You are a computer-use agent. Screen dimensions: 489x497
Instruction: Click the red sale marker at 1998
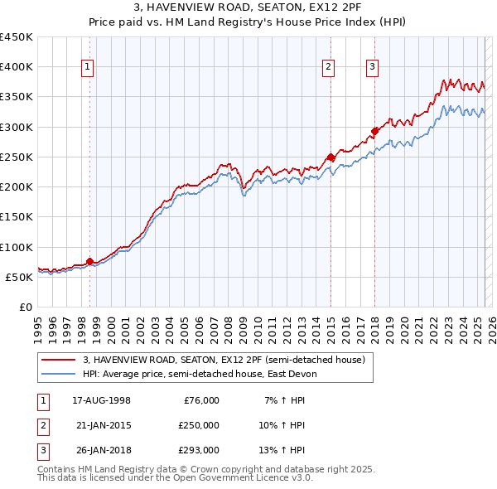coord(89,262)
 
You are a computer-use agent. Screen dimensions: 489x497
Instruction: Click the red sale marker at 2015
coord(331,157)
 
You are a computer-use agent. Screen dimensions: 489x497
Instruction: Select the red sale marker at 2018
coord(374,130)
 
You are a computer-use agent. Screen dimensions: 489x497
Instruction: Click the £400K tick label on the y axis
coord(17,67)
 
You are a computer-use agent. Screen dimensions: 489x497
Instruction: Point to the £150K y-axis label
coord(17,217)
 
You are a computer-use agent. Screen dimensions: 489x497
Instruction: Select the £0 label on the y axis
coord(26,307)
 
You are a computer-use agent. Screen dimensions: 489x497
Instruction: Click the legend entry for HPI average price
coord(200,375)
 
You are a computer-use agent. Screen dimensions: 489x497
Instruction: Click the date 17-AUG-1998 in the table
coord(101,400)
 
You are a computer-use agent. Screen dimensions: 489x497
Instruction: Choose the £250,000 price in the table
coord(198,425)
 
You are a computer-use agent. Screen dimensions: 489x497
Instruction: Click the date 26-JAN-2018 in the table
coord(101,450)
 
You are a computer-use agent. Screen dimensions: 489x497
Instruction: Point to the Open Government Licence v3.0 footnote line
coord(175,478)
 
